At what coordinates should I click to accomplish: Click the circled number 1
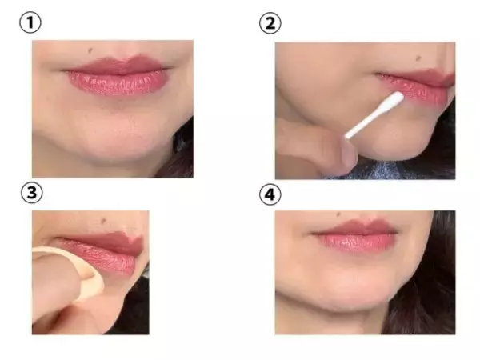(30, 23)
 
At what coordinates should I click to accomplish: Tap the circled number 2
(270, 23)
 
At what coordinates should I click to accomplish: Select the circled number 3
(31, 193)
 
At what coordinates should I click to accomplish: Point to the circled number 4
(270, 194)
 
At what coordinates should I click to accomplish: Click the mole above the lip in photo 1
(90, 50)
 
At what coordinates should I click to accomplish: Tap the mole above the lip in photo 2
(418, 58)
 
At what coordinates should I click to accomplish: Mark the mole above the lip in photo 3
(104, 220)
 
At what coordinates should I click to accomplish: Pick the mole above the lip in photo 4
(338, 214)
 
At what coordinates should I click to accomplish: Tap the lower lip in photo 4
(357, 242)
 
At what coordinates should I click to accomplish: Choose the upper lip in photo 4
(355, 228)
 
